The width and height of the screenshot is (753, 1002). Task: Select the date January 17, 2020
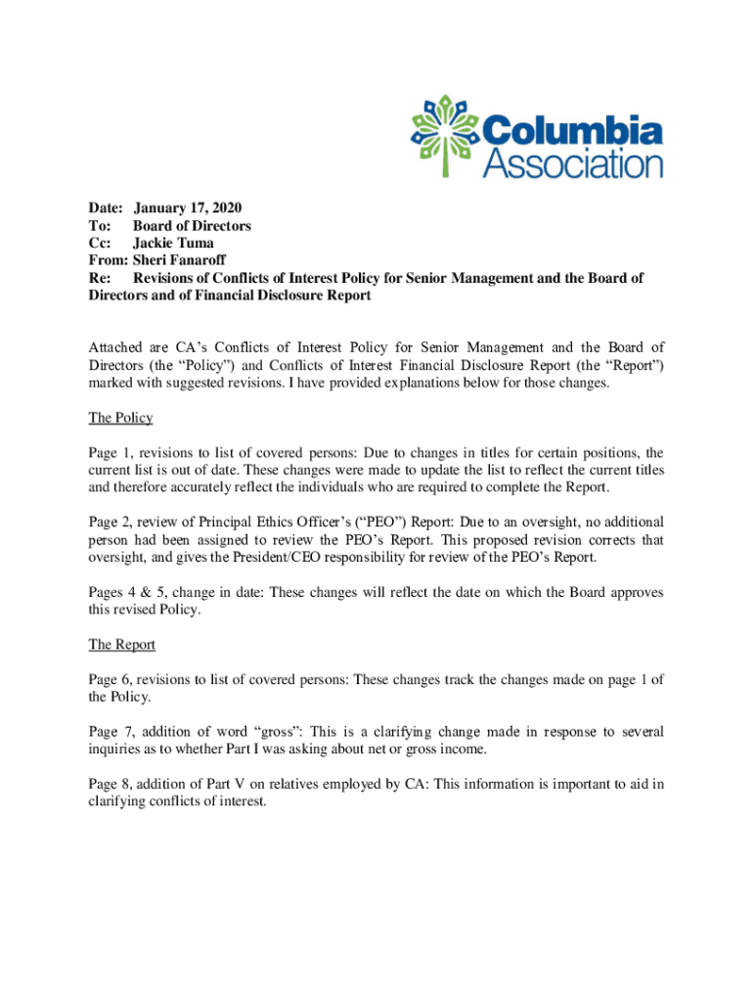pos(187,208)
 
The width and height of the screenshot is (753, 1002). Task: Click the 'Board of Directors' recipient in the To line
pos(192,226)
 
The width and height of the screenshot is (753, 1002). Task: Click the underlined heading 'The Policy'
pos(120,418)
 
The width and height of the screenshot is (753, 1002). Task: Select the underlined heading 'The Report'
pos(121,645)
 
